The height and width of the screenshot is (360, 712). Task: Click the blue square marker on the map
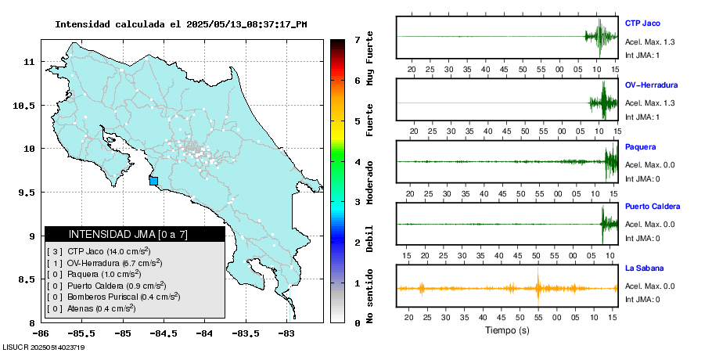point(153,181)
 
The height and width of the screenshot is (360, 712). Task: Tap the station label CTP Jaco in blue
point(642,23)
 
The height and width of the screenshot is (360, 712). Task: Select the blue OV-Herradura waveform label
point(651,85)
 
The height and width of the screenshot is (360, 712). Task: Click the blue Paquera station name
point(640,146)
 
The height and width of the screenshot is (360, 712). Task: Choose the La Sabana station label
point(644,268)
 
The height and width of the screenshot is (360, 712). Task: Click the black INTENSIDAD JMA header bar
point(135,234)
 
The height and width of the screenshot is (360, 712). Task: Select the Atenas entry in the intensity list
point(102,308)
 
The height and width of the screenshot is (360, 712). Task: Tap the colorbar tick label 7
point(356,39)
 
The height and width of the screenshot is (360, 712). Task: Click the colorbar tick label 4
point(356,162)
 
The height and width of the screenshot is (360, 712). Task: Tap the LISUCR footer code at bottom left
point(43,347)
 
